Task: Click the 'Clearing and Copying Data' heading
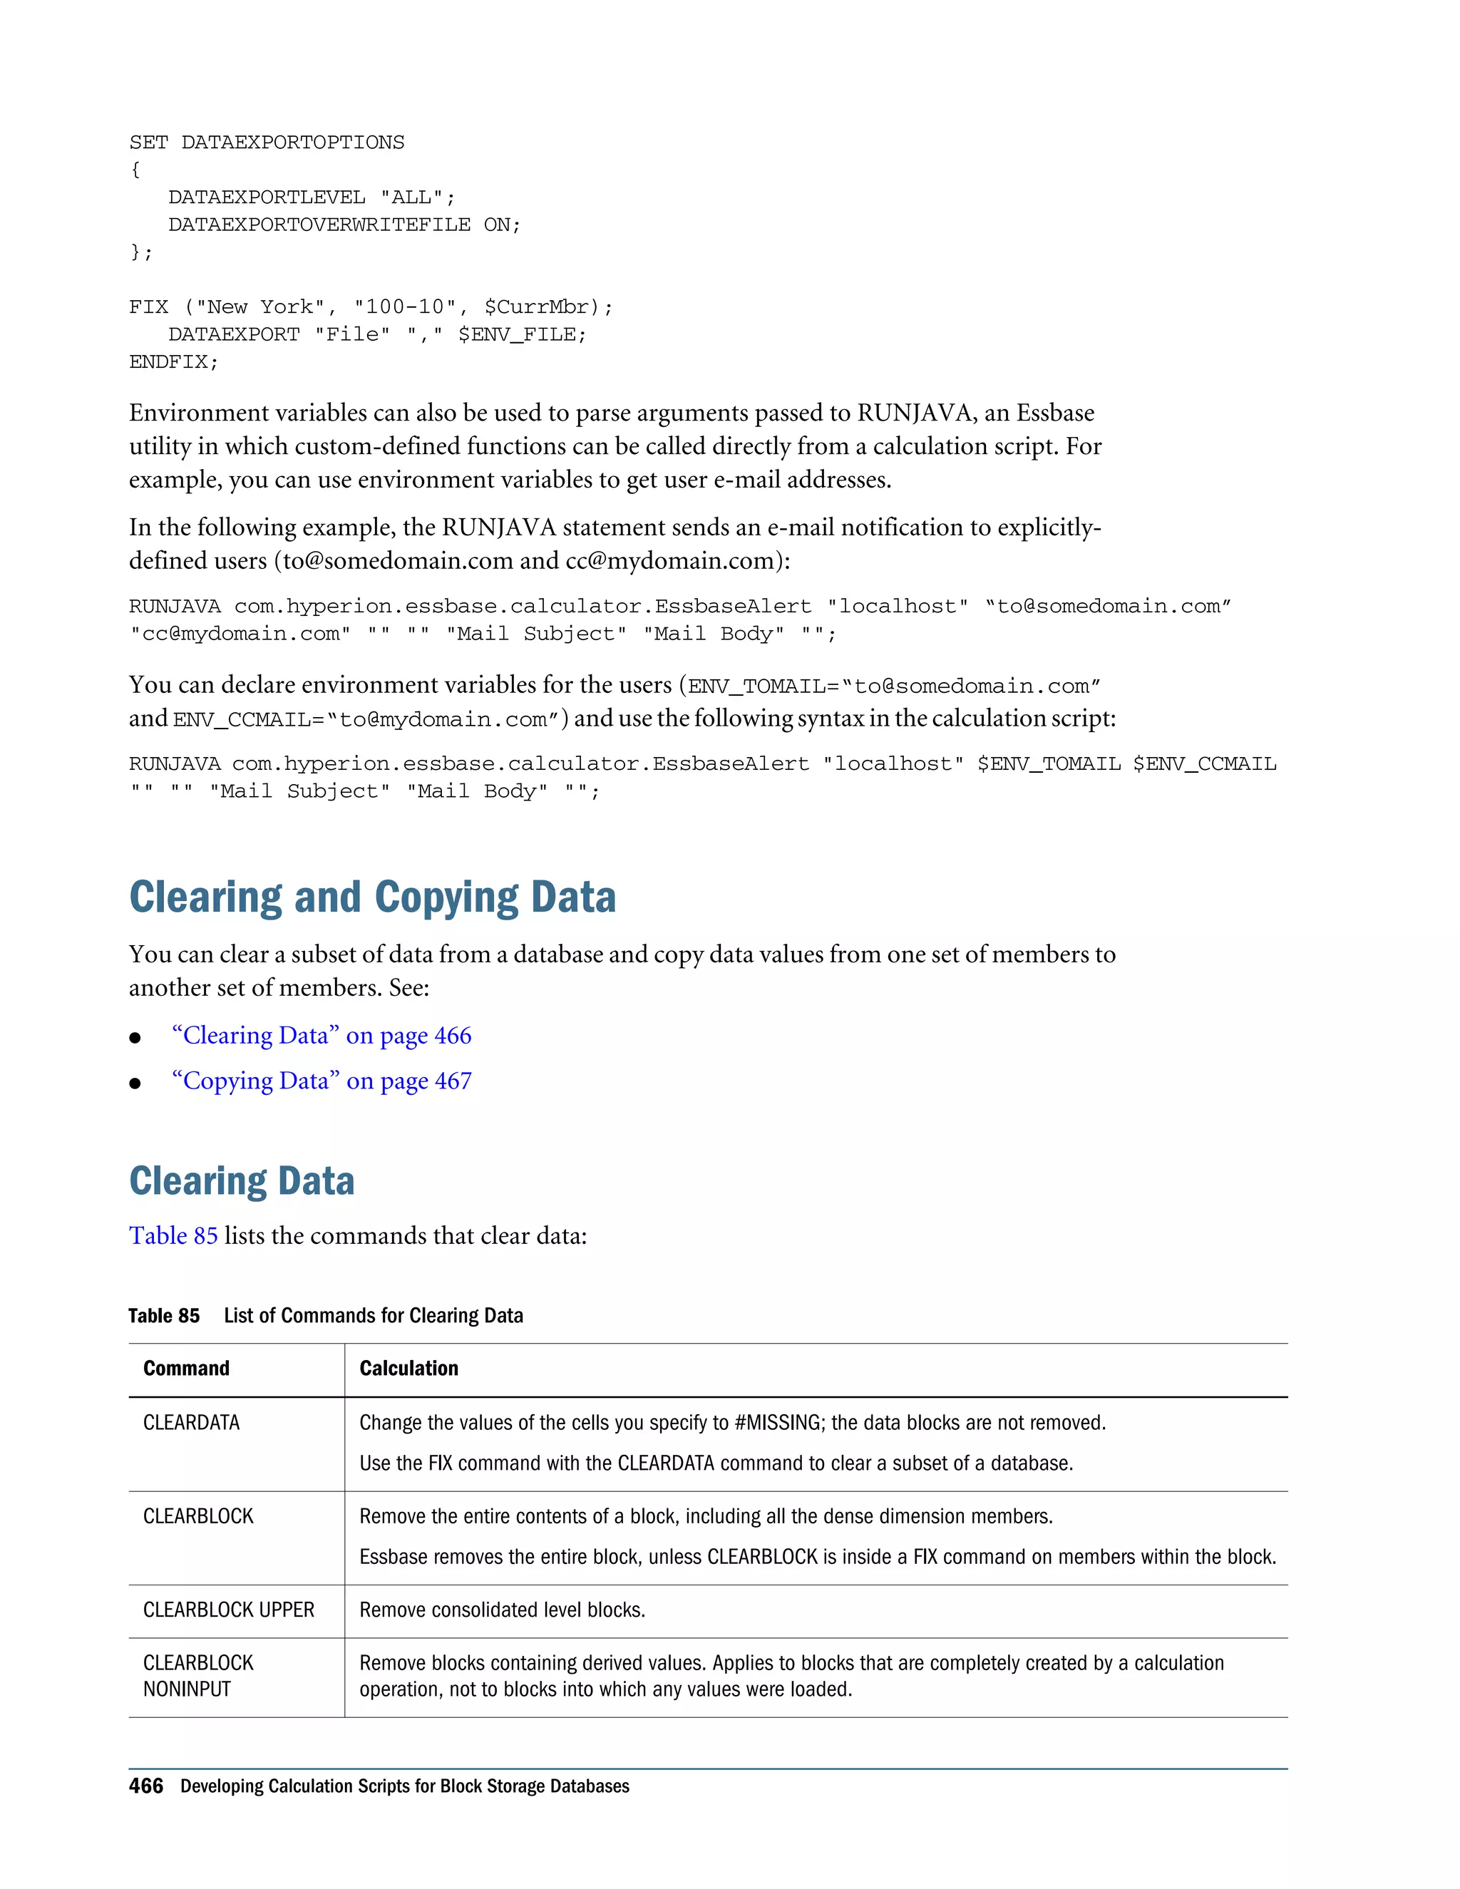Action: click(372, 897)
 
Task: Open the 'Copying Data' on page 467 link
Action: click(321, 1081)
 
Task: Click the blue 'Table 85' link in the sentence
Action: click(173, 1236)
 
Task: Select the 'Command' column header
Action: click(186, 1369)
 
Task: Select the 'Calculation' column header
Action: click(408, 1369)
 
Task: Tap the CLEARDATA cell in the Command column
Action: click(191, 1423)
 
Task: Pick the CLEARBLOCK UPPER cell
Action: click(228, 1610)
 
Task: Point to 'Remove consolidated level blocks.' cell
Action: click(502, 1610)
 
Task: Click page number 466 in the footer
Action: click(145, 1786)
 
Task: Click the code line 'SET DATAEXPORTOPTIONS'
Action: click(267, 143)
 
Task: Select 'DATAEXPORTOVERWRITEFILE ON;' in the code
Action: click(344, 225)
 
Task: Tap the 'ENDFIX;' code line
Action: click(174, 362)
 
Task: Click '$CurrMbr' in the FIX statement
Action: click(542, 307)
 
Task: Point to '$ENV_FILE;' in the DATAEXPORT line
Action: click(522, 335)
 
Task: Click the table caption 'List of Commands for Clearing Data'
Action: click(373, 1316)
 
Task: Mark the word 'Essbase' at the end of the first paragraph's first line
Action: click(1055, 413)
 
